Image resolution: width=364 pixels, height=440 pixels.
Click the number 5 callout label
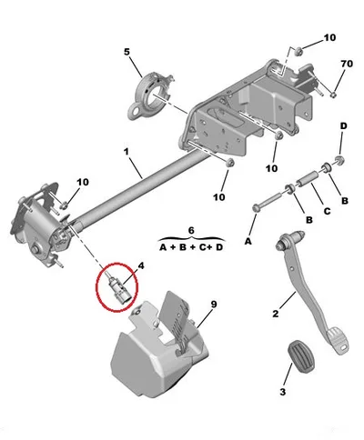tap(126, 52)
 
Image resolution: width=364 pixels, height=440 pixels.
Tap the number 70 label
tap(347, 64)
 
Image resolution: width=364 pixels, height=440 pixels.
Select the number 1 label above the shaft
tap(126, 151)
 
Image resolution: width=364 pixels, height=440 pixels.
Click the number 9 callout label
tap(214, 305)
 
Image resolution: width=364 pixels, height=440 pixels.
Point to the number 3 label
tap(282, 392)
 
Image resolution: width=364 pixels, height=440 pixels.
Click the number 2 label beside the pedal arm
tap(275, 314)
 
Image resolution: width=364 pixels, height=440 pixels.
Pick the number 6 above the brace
tap(191, 231)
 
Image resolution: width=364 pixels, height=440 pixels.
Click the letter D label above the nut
tap(343, 125)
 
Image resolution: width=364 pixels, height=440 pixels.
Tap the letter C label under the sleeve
tap(327, 211)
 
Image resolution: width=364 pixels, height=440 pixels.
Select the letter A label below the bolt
tap(248, 241)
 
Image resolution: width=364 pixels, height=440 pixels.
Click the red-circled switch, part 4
tap(118, 287)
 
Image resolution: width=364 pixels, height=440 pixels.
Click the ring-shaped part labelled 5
tap(149, 96)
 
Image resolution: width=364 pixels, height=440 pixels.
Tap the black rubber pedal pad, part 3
tap(301, 356)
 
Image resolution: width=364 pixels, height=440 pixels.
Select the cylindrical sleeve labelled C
tap(307, 179)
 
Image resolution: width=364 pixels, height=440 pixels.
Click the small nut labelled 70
tap(333, 95)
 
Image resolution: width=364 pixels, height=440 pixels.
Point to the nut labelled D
tap(339, 160)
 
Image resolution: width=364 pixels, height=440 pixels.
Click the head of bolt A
tap(256, 208)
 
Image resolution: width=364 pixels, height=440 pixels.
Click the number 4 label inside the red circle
tap(141, 265)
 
